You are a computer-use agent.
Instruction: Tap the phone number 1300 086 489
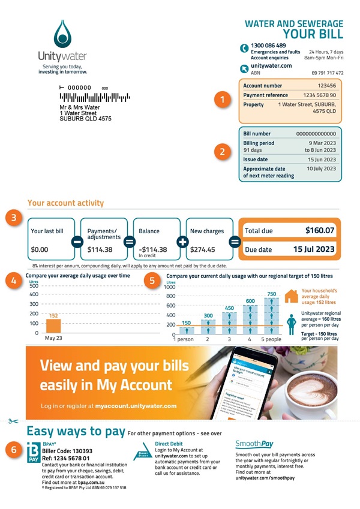tap(268, 46)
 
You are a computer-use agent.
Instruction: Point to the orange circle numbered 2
tap(223, 152)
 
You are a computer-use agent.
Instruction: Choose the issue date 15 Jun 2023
tap(322, 159)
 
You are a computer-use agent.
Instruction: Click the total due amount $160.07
tap(319, 230)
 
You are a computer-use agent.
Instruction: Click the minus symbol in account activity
tap(77, 242)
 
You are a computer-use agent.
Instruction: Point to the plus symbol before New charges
tap(182, 242)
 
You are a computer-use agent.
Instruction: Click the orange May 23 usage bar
tap(53, 326)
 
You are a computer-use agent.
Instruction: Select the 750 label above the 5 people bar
tap(271, 294)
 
